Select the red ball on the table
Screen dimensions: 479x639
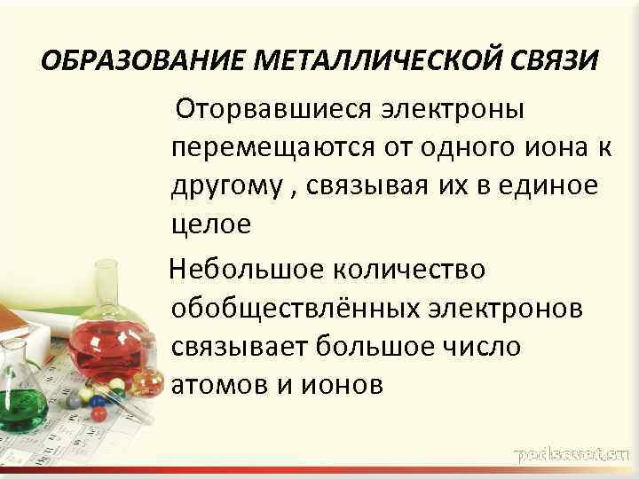(99, 413)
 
